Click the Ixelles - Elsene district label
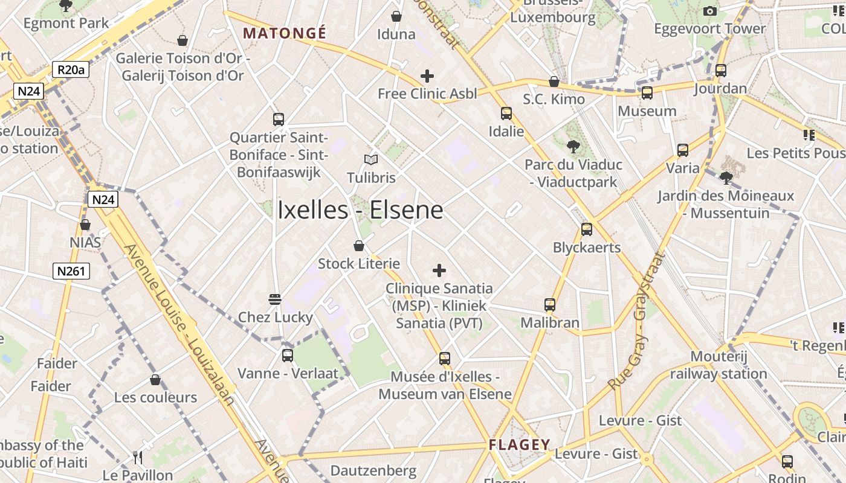(360, 210)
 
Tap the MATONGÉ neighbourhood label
(284, 33)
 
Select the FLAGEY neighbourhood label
(520, 446)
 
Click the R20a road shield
(71, 70)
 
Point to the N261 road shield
(71, 271)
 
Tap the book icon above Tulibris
(371, 160)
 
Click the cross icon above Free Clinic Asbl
(427, 76)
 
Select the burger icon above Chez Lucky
(275, 299)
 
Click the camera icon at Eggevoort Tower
(710, 11)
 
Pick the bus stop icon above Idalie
(506, 114)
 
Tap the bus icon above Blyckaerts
(586, 229)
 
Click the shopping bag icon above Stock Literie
(359, 246)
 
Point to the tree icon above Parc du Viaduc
(573, 146)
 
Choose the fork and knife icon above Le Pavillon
(138, 458)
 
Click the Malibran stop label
(550, 322)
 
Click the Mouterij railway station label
(718, 365)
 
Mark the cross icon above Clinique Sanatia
(439, 270)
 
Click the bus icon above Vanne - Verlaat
(288, 356)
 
